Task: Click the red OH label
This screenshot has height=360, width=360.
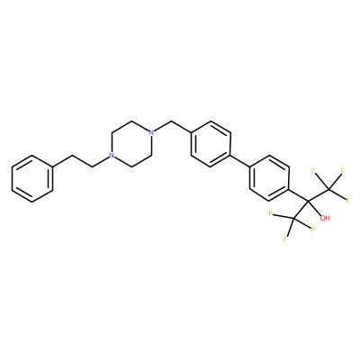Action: pos(325,218)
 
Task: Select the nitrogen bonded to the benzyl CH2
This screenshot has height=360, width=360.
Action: pos(151,132)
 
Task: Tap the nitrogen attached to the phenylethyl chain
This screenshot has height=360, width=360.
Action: pos(112,156)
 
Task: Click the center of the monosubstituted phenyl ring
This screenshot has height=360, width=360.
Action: pos(32,178)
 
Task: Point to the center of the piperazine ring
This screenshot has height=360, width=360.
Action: pos(131,144)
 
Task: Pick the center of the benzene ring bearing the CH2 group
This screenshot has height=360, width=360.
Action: pos(211,144)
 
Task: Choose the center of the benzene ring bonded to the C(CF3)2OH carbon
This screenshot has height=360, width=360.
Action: pos(269,178)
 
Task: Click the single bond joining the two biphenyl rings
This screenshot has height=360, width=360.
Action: pos(240,161)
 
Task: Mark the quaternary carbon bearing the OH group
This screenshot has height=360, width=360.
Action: pos(309,201)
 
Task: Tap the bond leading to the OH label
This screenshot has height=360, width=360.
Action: pos(315,208)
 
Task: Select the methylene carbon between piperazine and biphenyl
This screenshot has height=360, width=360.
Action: pos(171,121)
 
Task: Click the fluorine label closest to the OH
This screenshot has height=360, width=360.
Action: pos(313,229)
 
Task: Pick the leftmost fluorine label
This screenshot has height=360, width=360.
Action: pos(271,214)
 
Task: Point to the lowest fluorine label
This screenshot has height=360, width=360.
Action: pos(284,239)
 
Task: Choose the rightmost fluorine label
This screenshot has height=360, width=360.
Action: pos(348,201)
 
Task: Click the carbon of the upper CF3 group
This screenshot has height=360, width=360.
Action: pos(329,189)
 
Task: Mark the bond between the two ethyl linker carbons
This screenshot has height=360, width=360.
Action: pos(82,161)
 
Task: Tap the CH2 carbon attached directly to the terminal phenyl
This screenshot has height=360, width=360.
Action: pos(72,156)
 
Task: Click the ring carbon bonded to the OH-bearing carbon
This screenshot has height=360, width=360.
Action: pos(290,189)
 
